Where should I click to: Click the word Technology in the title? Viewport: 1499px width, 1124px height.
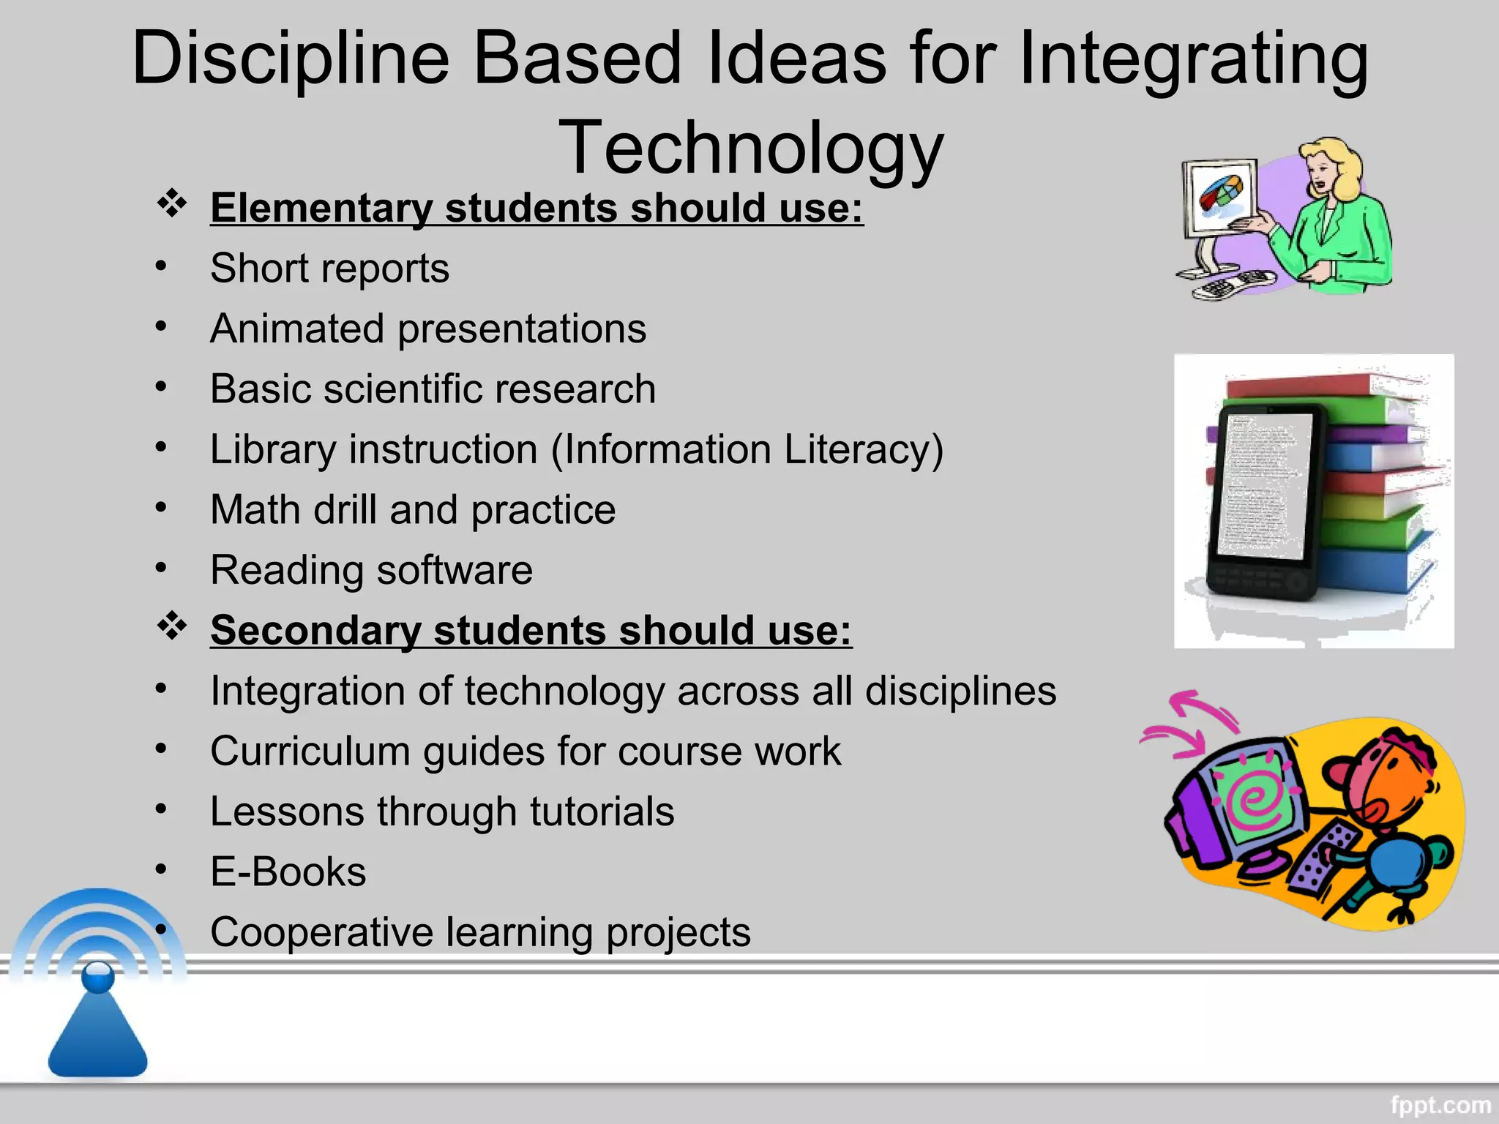(751, 149)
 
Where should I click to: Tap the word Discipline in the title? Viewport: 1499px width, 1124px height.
(291, 59)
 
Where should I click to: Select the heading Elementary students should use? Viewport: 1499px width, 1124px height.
(537, 208)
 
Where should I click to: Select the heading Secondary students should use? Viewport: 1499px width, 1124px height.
(531, 630)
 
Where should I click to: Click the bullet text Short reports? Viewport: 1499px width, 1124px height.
(329, 269)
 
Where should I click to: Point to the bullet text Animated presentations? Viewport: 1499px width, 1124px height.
(428, 329)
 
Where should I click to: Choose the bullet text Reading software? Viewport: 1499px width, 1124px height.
(371, 570)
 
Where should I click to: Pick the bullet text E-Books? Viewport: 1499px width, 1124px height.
(288, 872)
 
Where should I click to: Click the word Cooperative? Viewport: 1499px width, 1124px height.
(322, 932)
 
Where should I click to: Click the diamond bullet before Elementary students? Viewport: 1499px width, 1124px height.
(172, 203)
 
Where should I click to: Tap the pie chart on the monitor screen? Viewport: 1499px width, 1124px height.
(1221, 194)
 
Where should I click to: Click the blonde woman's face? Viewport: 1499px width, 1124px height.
(1322, 172)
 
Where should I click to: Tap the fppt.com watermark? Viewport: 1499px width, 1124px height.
(1440, 1104)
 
